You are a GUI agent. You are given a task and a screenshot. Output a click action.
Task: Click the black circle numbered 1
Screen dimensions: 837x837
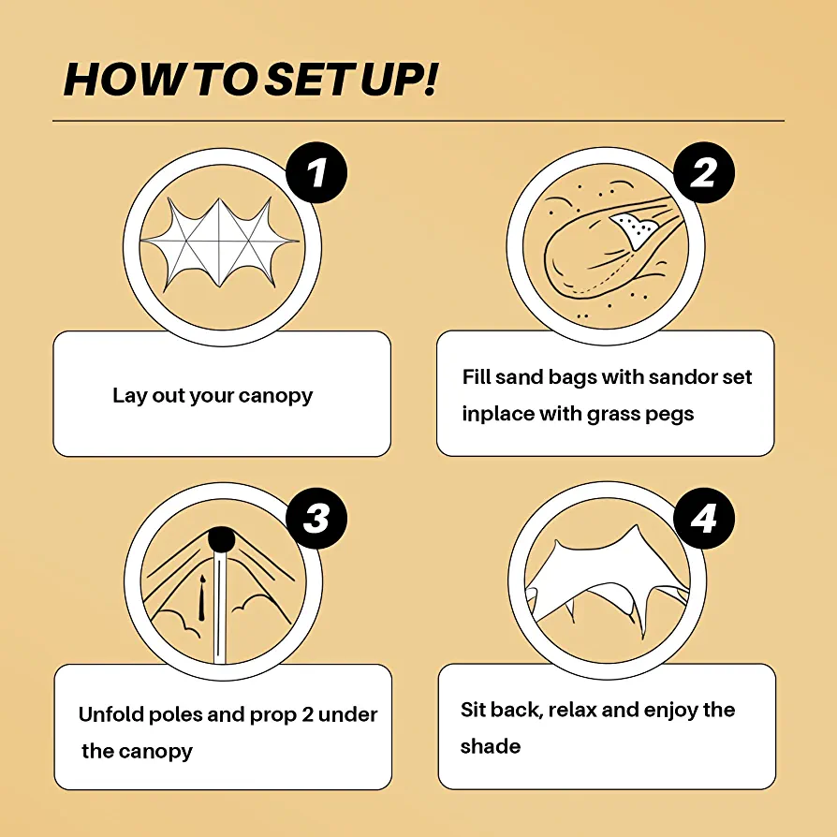pyautogui.click(x=316, y=172)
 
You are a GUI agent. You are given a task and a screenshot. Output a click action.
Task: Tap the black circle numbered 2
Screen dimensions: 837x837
pyautogui.click(x=703, y=172)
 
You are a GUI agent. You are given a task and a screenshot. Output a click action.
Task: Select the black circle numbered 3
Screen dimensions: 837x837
pyautogui.click(x=316, y=518)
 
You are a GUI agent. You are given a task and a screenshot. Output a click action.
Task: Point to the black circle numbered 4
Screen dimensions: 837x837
pyautogui.click(x=703, y=518)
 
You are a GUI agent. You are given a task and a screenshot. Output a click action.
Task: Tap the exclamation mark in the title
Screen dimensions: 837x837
pyautogui.click(x=431, y=79)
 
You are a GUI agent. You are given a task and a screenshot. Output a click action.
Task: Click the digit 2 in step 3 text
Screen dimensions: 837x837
pyautogui.click(x=307, y=714)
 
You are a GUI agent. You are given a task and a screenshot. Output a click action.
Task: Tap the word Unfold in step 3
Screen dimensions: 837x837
pyautogui.click(x=110, y=714)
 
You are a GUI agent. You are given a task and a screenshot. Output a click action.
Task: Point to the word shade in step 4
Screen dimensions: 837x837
pyautogui.click(x=490, y=746)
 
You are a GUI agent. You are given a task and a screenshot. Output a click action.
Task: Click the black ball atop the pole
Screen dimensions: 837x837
pyautogui.click(x=222, y=539)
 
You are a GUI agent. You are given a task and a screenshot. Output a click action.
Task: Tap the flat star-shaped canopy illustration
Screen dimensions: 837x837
pyautogui.click(x=219, y=243)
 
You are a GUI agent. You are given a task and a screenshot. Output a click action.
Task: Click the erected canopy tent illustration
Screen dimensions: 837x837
pyautogui.click(x=607, y=583)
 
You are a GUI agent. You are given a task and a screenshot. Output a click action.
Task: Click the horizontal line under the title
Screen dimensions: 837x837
pyautogui.click(x=418, y=121)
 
